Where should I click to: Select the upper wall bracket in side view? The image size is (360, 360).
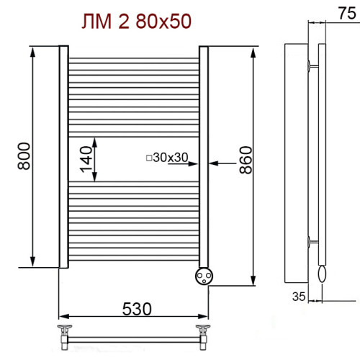point(311,66)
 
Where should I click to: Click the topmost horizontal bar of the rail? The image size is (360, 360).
point(133,58)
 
